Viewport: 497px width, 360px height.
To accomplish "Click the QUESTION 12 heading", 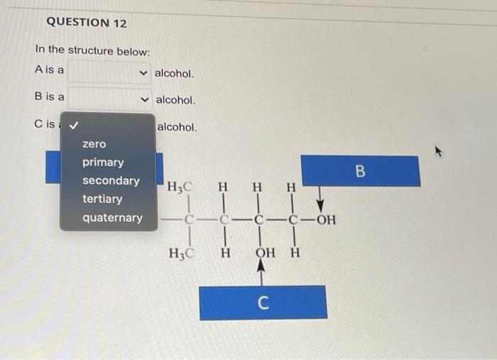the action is coord(87,23).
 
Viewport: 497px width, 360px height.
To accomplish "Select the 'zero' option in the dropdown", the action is coord(94,144).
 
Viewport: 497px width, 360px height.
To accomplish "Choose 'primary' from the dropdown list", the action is coord(103,163).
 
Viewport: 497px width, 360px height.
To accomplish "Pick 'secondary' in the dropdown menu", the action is coord(111,181).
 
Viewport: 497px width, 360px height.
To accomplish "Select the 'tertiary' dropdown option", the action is coord(102,200).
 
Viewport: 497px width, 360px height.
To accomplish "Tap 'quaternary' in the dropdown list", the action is coord(112,218).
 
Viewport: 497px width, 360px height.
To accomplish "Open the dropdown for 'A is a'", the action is coord(110,72).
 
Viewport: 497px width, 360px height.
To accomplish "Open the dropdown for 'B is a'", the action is coord(110,99).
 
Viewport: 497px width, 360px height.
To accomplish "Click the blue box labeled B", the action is coord(360,171).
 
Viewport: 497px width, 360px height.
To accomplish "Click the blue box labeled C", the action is coord(263,302).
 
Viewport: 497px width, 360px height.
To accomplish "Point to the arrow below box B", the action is coord(319,196).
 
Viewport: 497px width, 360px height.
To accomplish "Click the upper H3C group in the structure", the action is coord(178,188).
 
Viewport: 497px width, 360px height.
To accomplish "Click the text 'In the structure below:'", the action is coord(92,50).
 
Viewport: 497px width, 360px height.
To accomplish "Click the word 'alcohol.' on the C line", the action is coord(177,127).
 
